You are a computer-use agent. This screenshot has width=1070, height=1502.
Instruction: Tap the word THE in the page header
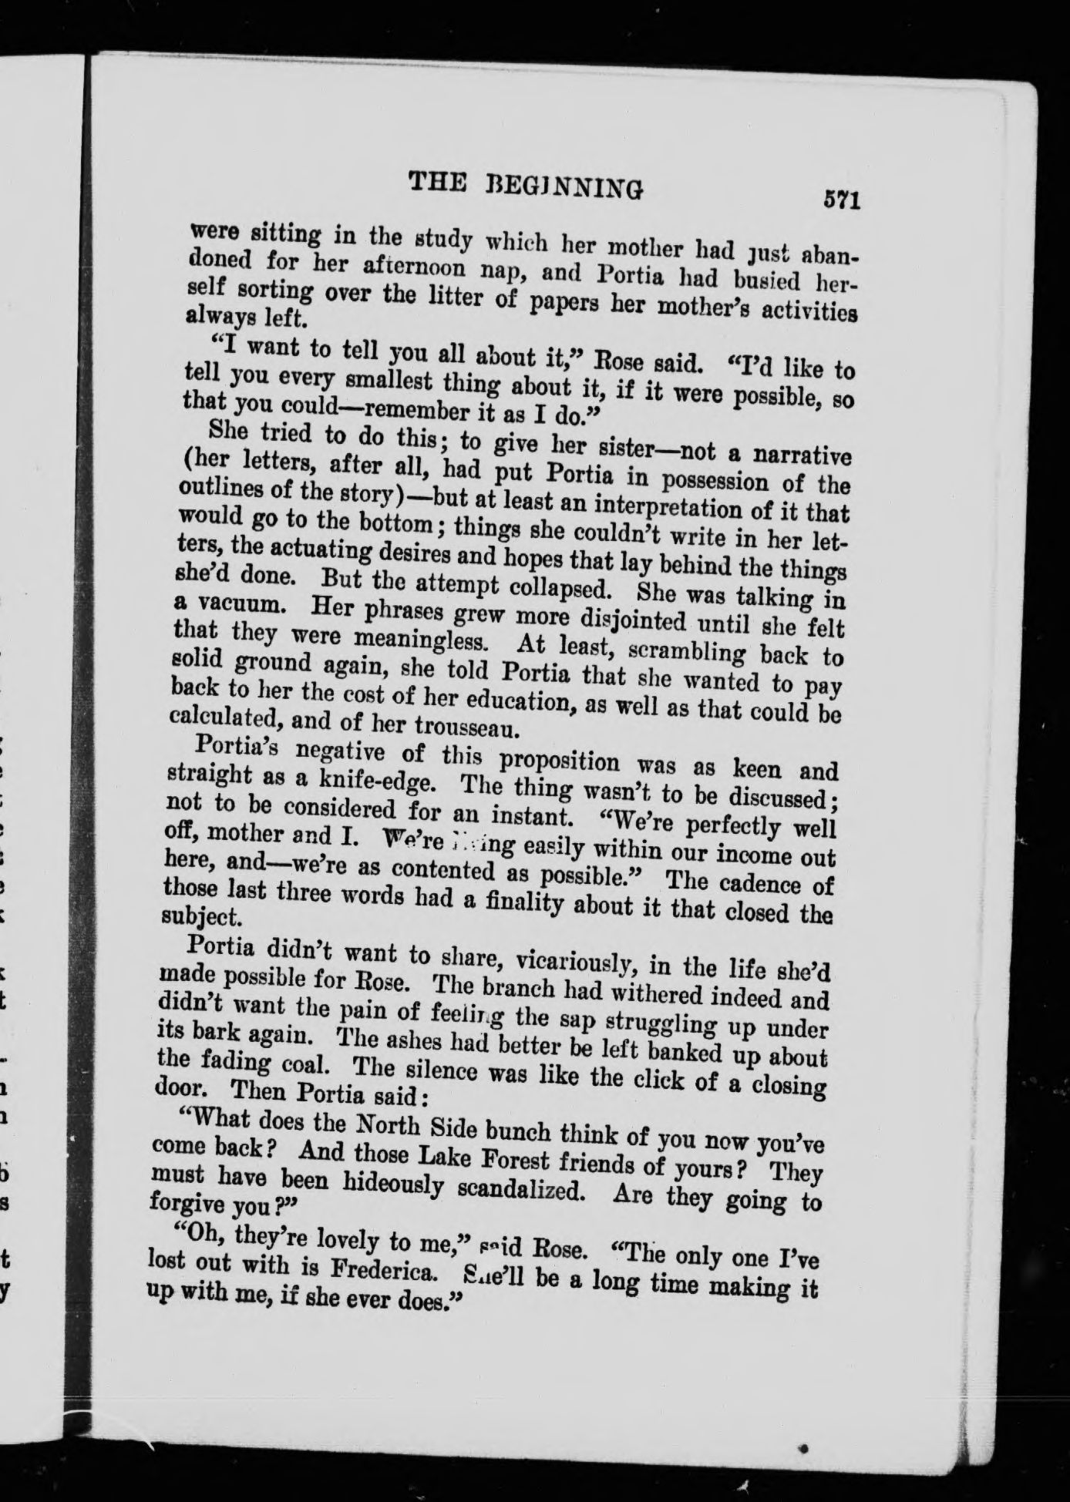[437, 182]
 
